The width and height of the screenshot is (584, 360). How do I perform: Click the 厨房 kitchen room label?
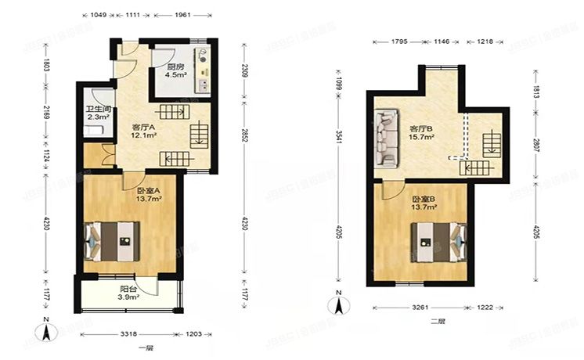(176, 67)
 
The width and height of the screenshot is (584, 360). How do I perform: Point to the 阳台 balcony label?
(128, 287)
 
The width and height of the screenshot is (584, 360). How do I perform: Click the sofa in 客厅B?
(385, 139)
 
